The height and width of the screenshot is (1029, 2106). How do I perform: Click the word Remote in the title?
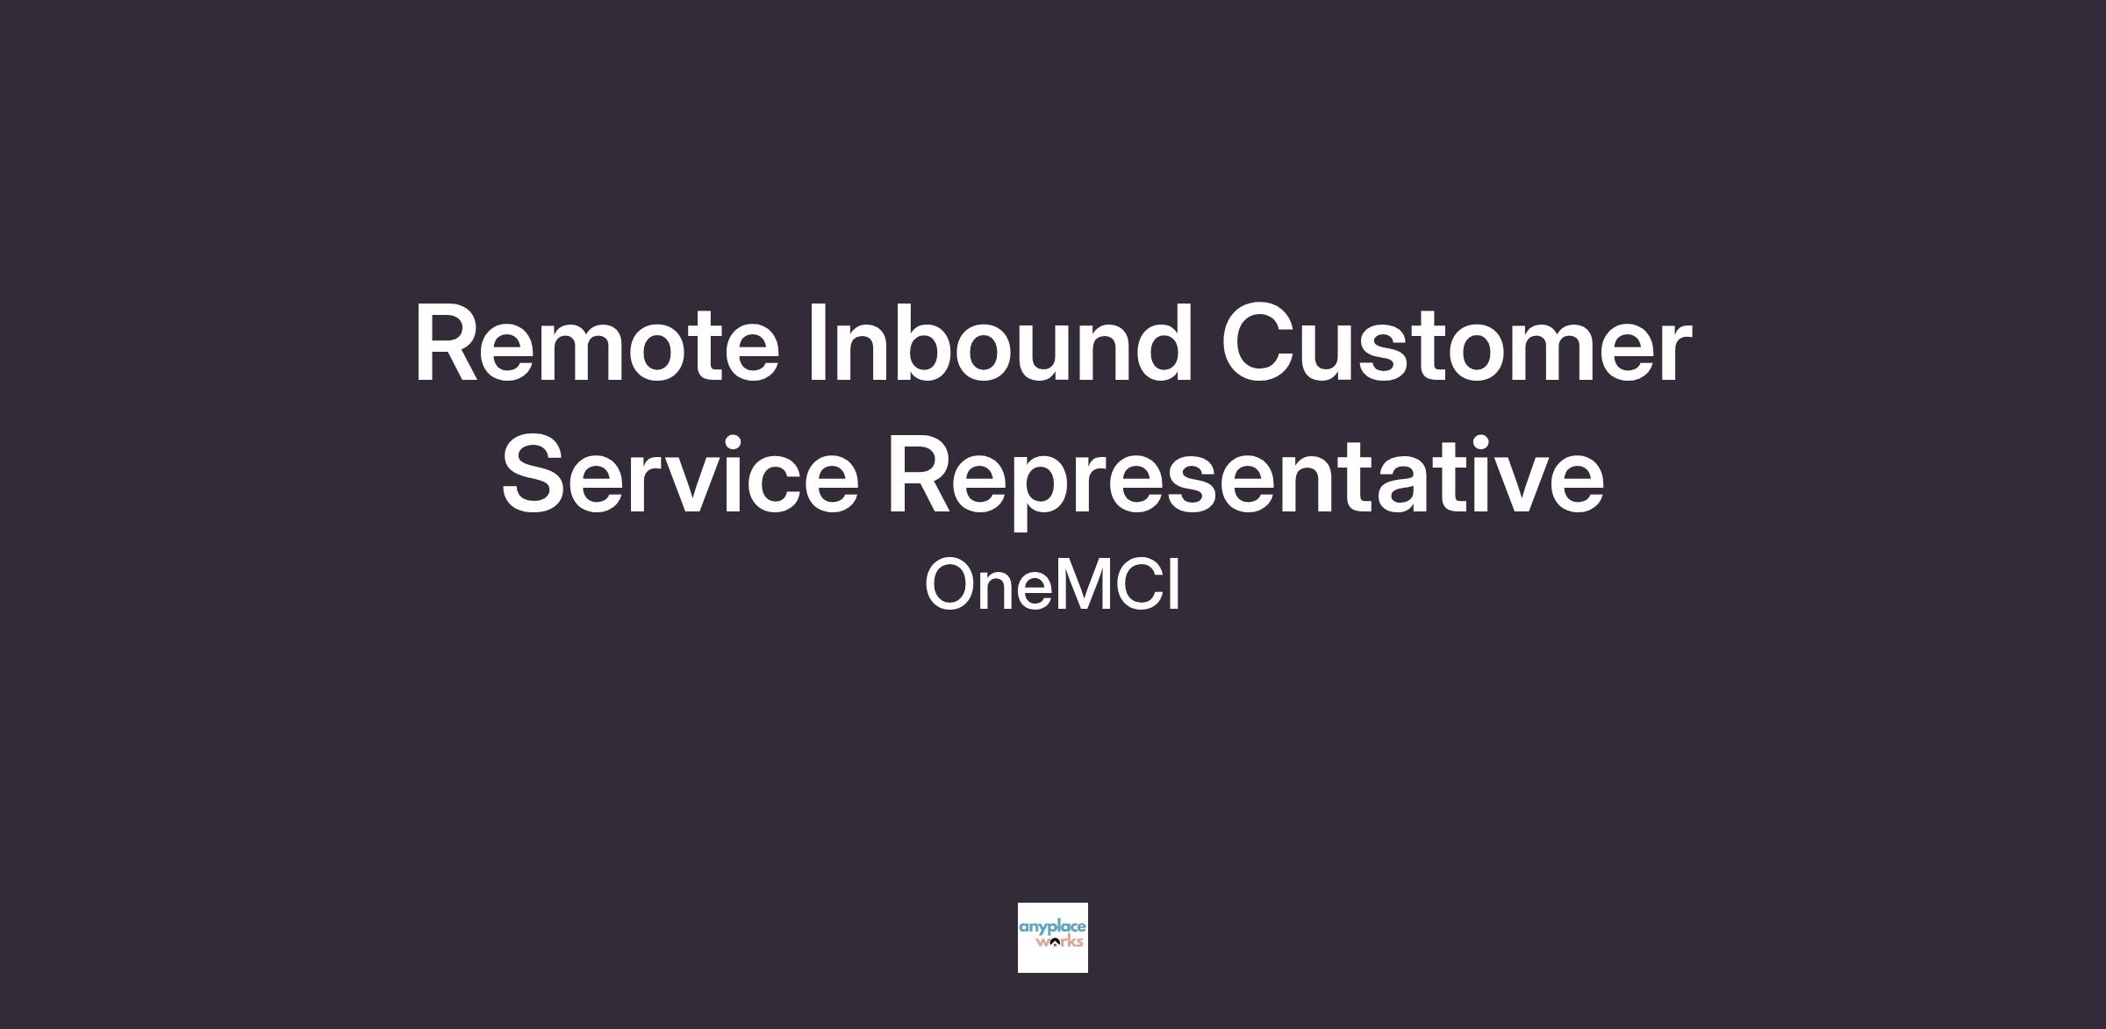coord(597,343)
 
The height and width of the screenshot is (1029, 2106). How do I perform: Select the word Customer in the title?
coord(1456,343)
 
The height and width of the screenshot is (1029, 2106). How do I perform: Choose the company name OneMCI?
coord(1052,585)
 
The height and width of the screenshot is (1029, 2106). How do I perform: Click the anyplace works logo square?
coord(1052,937)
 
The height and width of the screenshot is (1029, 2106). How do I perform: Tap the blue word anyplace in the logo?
coord(1052,928)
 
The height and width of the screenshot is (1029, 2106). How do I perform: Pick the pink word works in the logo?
coord(1060,942)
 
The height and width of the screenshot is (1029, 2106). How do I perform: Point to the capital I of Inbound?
coord(816,343)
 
